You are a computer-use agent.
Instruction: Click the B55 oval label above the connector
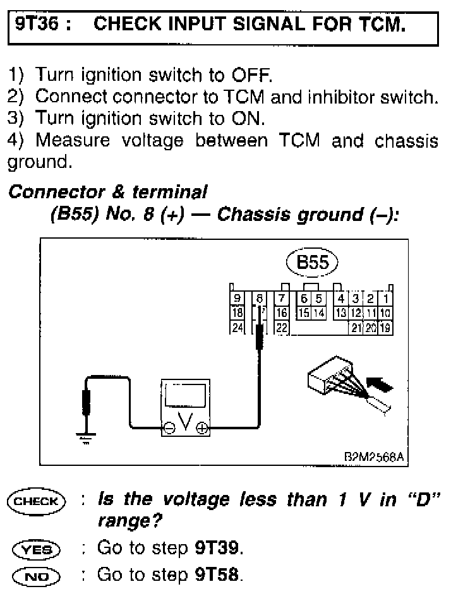click(312, 262)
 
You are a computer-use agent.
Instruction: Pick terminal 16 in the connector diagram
click(282, 312)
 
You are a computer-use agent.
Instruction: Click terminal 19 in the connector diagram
click(385, 327)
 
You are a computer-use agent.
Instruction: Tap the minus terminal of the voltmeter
click(169, 427)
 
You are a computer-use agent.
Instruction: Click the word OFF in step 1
click(252, 76)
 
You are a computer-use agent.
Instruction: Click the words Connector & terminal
click(107, 192)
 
